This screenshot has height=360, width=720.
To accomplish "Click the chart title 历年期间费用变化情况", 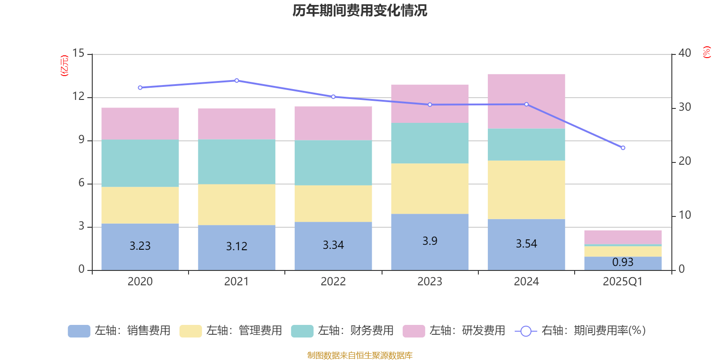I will click(360, 10).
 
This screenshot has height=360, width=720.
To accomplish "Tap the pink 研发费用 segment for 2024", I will click(526, 101).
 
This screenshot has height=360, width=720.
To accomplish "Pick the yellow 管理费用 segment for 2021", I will click(237, 204).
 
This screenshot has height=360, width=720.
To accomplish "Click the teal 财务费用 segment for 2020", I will click(140, 163).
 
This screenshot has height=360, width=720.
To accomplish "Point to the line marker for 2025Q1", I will click(623, 148).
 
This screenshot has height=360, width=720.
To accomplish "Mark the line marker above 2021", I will click(237, 81).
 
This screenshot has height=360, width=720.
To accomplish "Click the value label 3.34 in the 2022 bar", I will click(333, 245).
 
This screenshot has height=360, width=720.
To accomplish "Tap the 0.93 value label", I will click(623, 262).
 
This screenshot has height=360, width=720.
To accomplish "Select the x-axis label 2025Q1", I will click(623, 282).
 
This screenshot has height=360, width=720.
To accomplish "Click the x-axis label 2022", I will click(333, 282).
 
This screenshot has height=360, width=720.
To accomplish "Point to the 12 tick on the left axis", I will click(78, 97).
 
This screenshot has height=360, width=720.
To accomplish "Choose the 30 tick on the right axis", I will click(684, 107).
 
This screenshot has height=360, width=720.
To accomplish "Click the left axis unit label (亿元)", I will click(64, 66).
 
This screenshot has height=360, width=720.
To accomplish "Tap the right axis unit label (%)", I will click(706, 52).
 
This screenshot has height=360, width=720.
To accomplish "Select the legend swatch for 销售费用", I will click(79, 331).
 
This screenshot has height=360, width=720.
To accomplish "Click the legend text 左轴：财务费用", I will click(355, 331).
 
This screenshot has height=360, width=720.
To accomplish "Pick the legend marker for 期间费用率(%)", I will click(526, 331).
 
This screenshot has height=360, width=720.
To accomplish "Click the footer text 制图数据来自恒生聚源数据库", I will click(360, 355).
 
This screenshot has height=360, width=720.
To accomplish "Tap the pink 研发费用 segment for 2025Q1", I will click(623, 237).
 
